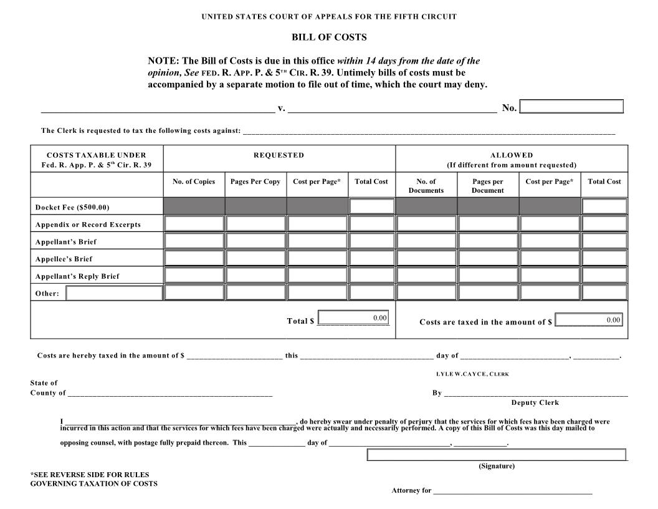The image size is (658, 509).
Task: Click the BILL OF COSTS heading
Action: [329, 37]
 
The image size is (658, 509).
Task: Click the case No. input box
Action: [571, 107]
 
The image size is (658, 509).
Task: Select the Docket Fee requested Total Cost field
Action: [371, 206]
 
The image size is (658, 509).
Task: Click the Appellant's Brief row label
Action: [66, 242]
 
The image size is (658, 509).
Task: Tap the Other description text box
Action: [114, 293]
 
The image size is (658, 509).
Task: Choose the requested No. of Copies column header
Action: [194, 182]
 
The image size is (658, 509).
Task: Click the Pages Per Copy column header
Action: [255, 182]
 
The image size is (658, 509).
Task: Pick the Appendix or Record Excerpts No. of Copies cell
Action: [194, 224]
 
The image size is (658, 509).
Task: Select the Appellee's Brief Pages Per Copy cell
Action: [255, 258]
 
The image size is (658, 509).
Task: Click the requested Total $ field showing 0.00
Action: [353, 318]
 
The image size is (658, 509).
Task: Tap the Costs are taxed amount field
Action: [588, 320]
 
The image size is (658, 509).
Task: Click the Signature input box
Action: [497, 455]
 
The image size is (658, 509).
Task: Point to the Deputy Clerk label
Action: [535, 403]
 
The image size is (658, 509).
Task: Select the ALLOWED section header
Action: [512, 155]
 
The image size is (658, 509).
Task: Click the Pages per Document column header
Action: [487, 186]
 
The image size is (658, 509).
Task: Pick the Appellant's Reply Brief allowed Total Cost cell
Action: [604, 276]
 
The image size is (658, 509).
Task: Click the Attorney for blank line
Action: [512, 492]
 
